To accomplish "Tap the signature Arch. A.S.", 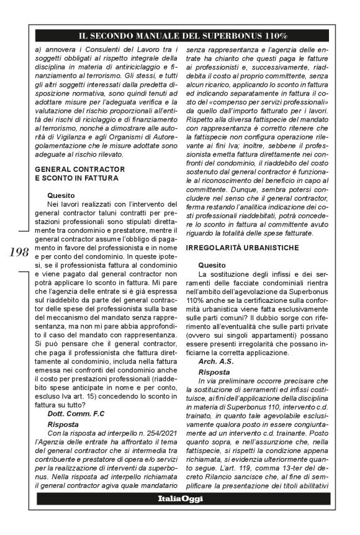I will click(x=216, y=361).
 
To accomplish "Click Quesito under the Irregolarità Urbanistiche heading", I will click(x=211, y=265).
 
